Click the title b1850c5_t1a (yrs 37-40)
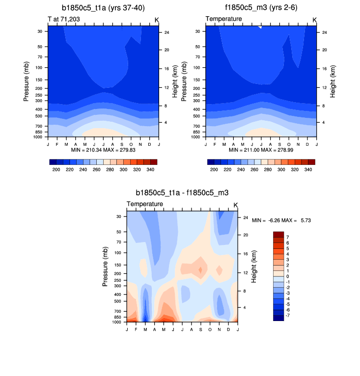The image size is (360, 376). (x=103, y=8)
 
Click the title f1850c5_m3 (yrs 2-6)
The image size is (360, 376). (x=261, y=8)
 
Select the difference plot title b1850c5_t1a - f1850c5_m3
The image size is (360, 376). (x=182, y=193)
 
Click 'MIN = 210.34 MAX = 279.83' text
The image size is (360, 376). (x=103, y=150)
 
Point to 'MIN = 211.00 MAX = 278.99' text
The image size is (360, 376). (x=261, y=150)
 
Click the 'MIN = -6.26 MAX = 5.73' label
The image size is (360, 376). (x=281, y=221)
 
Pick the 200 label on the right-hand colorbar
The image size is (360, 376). (x=214, y=169)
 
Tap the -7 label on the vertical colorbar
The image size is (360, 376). (x=288, y=315)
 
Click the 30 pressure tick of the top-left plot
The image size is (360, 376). (x=39, y=31)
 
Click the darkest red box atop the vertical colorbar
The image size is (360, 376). (x=278, y=234)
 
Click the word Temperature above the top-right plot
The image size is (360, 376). (x=223, y=19)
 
